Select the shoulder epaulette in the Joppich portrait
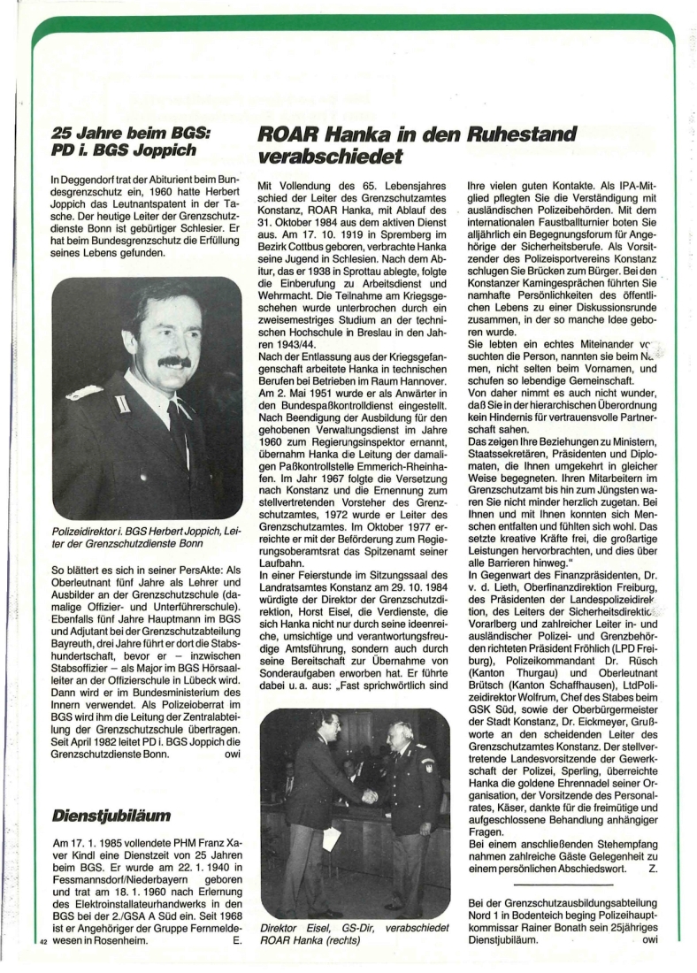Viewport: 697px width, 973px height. [x=83, y=393]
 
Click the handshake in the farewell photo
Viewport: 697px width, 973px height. [x=370, y=796]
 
